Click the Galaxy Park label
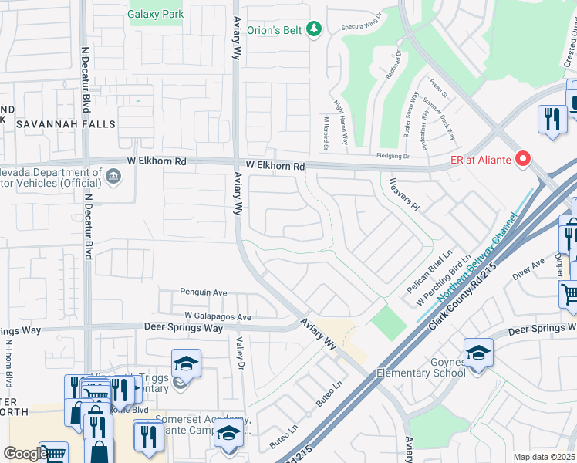tap(155, 14)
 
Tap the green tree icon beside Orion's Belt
tap(313, 29)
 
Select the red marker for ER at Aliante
tap(524, 159)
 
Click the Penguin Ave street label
tap(204, 292)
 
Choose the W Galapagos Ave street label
tap(218, 316)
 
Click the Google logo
tap(25, 454)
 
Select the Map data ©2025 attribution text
tap(544, 457)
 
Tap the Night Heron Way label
tap(340, 123)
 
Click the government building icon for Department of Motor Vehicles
tap(113, 176)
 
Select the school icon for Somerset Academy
tap(228, 436)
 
